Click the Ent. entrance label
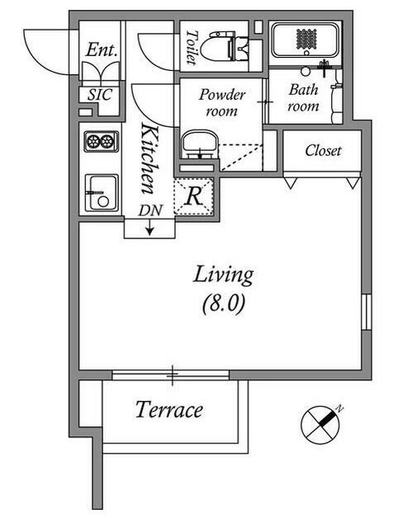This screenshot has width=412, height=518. [102, 50]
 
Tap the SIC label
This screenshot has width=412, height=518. [100, 95]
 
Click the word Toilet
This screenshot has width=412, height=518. [192, 47]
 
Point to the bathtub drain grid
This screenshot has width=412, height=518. [306, 39]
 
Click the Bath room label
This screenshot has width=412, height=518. [303, 98]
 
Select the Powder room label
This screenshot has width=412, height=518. [222, 102]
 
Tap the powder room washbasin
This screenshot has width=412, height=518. [200, 144]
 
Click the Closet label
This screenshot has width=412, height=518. [323, 151]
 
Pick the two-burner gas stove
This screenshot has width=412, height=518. [102, 141]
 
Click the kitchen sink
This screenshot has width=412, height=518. [102, 192]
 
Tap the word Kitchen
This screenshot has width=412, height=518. [149, 158]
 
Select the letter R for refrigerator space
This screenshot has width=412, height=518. [194, 196]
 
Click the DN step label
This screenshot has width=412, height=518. [150, 210]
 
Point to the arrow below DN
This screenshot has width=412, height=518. [150, 228]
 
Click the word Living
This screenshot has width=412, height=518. [223, 275]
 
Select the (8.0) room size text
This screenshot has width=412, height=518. [224, 304]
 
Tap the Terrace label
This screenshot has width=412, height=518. [169, 410]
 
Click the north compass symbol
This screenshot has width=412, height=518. [320, 425]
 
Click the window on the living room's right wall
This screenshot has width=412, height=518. [367, 312]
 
